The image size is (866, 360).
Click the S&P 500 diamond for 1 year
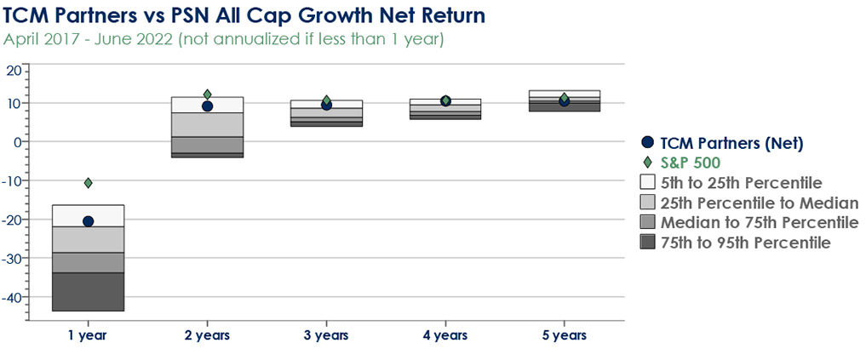[x=88, y=183]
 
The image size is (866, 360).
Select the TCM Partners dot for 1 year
[x=88, y=221]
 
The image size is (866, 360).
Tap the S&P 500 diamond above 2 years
[x=207, y=94]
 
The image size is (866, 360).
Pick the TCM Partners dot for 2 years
[x=207, y=106]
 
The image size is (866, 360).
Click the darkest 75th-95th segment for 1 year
[x=88, y=292]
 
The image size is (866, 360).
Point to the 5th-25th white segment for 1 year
[x=88, y=216]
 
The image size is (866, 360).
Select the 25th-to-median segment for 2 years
[x=207, y=125]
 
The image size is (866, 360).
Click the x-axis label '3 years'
[x=326, y=335]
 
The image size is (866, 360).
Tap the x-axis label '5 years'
[x=564, y=335]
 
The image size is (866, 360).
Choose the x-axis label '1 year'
[x=88, y=335]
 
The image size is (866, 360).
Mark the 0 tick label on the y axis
[x=18, y=142]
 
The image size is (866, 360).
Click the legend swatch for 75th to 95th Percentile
[x=647, y=243]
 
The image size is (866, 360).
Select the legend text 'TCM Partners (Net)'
[x=731, y=143]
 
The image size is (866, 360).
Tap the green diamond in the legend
[x=647, y=163]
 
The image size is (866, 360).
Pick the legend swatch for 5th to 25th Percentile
[x=647, y=182]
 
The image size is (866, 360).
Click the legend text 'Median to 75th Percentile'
[x=760, y=222]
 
